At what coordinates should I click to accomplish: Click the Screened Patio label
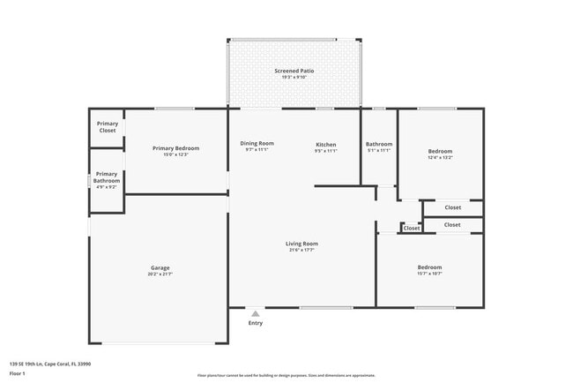(294, 71)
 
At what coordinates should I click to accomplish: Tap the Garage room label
(160, 267)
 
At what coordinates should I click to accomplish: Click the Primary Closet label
(107, 127)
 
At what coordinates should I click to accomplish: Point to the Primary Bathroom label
(107, 177)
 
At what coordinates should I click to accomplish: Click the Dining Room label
(257, 144)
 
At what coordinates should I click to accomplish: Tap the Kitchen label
(325, 144)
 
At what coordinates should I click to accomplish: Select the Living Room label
(301, 244)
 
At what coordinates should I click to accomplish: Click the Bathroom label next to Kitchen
(379, 144)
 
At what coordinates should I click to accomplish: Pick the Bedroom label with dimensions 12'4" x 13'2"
(440, 151)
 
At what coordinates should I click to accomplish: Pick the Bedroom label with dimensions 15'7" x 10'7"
(429, 267)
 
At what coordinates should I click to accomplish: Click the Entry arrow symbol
(255, 312)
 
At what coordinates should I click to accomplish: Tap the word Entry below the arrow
(255, 323)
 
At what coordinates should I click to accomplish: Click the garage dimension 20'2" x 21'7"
(160, 274)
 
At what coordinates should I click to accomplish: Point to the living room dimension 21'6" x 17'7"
(301, 250)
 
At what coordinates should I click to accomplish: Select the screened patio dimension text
(294, 77)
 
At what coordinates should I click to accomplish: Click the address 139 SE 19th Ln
(49, 364)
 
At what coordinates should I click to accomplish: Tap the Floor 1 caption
(17, 373)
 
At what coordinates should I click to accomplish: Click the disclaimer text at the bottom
(286, 376)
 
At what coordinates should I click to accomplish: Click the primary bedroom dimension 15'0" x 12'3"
(175, 154)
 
